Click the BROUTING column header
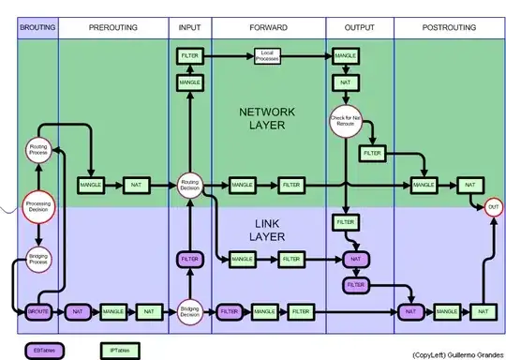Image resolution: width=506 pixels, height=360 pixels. [x=37, y=28]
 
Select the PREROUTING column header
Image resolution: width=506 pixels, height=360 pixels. [x=113, y=28]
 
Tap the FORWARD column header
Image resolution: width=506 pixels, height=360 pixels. [x=268, y=28]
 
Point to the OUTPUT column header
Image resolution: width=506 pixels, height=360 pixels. [x=360, y=28]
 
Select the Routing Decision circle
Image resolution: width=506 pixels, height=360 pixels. [x=190, y=185]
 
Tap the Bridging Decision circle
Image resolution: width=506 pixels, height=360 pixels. [x=190, y=310]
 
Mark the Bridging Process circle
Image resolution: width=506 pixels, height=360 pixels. [x=37, y=259]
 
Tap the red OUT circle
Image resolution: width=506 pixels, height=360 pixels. [x=493, y=207]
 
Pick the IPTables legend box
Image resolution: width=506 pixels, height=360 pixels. [x=118, y=349]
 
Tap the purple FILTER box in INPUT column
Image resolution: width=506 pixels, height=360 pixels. [x=190, y=258]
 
